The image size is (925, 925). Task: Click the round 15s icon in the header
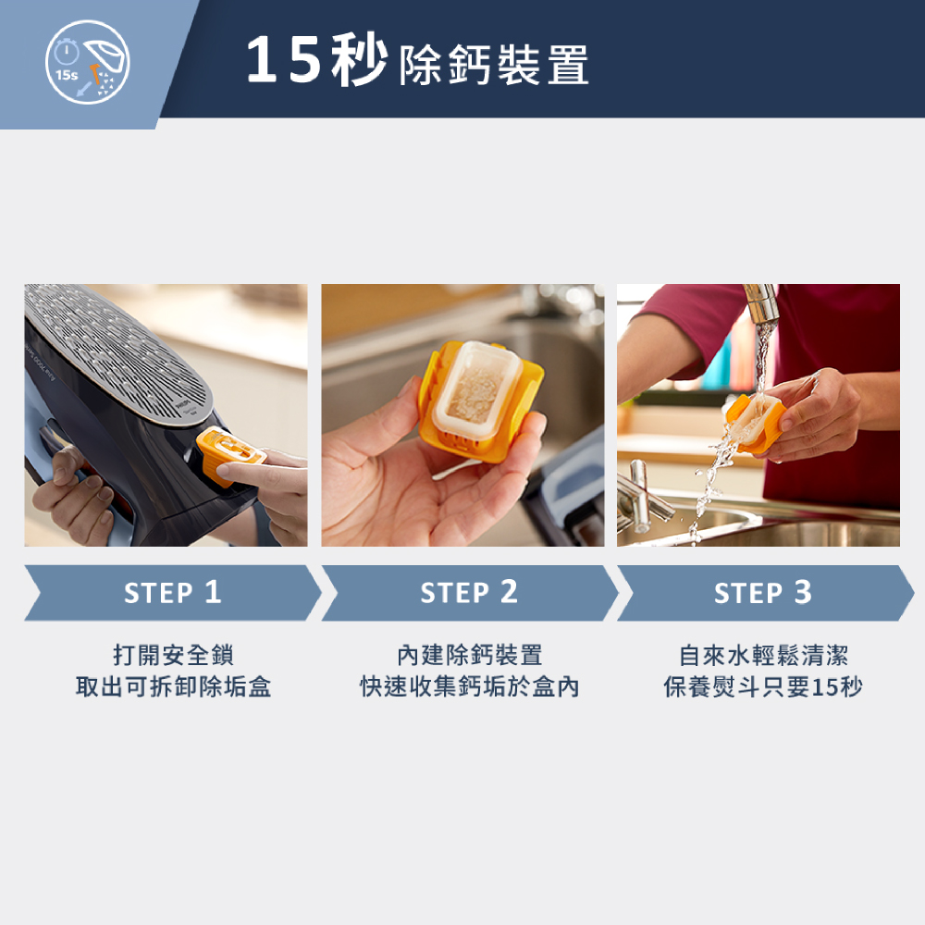coord(87,62)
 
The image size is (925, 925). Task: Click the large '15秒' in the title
coord(316,59)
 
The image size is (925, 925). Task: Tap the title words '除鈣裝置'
coord(494,65)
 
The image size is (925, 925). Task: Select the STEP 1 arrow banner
coord(173,592)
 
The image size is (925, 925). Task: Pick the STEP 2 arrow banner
coord(470,592)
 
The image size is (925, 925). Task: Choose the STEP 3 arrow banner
coord(766,592)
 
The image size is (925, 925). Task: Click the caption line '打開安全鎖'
coord(174,655)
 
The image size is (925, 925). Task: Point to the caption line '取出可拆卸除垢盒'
coord(174,686)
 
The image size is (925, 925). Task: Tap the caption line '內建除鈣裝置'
coord(470,655)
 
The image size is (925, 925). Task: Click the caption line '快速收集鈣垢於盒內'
coord(470,686)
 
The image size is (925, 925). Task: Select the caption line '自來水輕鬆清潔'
coord(763,655)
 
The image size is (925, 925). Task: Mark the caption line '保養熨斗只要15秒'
coord(763,686)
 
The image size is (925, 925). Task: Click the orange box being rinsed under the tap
coord(755,422)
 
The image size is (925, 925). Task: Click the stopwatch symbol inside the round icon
coord(67,52)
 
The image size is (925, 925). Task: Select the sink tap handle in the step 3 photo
coord(640,494)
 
